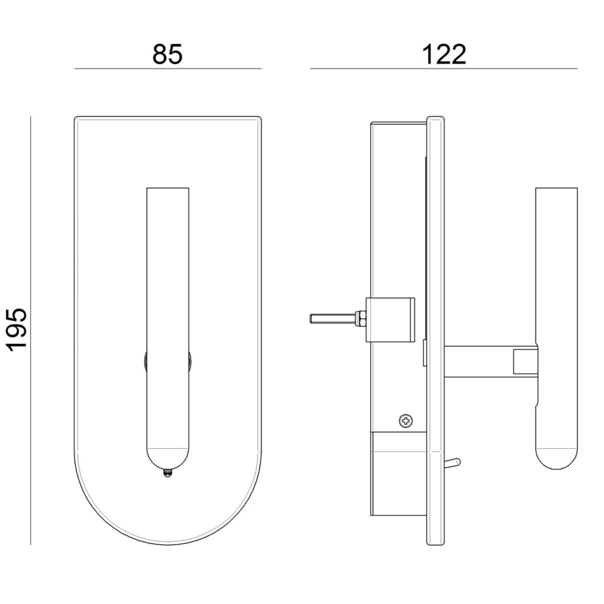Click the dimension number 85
click(x=167, y=54)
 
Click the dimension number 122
click(x=444, y=54)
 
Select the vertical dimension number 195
click(x=17, y=330)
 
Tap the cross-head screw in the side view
click(x=406, y=420)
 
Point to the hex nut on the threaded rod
click(x=361, y=319)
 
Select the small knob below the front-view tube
click(x=167, y=473)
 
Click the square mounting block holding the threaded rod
click(x=390, y=319)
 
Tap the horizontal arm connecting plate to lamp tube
click(x=490, y=362)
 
